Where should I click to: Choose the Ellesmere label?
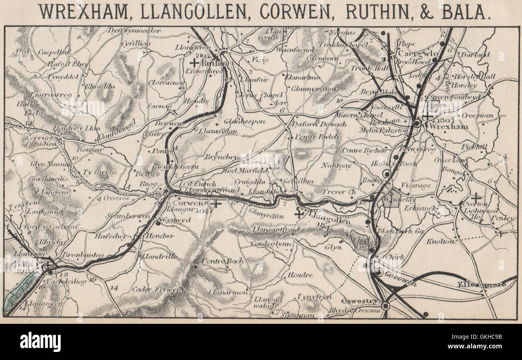click(481, 285)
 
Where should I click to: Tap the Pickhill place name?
click(474, 147)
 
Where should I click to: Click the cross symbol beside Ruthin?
click(194, 63)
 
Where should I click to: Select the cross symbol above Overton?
click(476, 198)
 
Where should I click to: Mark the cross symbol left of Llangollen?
click(299, 214)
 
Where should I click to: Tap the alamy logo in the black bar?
click(40, 342)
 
